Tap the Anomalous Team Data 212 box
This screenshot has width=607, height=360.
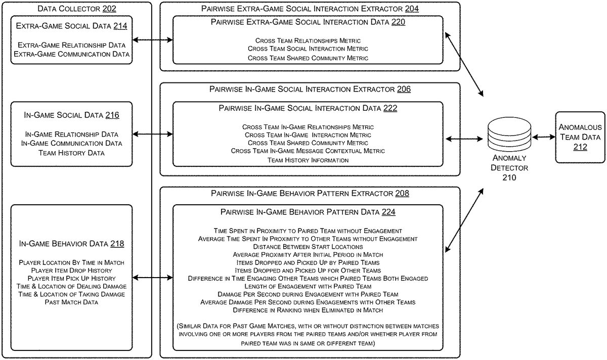(x=580, y=137)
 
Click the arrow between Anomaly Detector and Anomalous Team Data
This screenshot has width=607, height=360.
(x=541, y=137)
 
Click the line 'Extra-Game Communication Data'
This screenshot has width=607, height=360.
(x=71, y=54)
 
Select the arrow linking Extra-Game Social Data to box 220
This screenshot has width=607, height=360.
(x=153, y=39)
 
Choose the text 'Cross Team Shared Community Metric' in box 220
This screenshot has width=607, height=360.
(x=308, y=58)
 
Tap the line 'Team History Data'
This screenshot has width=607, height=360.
(x=71, y=153)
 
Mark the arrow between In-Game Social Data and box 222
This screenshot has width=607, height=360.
(x=153, y=134)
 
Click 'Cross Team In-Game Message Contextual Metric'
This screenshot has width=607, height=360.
(x=308, y=151)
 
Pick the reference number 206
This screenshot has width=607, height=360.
(x=404, y=89)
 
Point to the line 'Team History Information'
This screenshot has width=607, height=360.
(x=308, y=160)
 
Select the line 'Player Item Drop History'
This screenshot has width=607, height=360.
(x=71, y=271)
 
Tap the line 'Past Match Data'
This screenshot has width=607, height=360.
(x=71, y=302)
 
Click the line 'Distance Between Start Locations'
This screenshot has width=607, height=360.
(x=308, y=246)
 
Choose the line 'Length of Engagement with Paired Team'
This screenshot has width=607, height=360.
(x=308, y=286)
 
